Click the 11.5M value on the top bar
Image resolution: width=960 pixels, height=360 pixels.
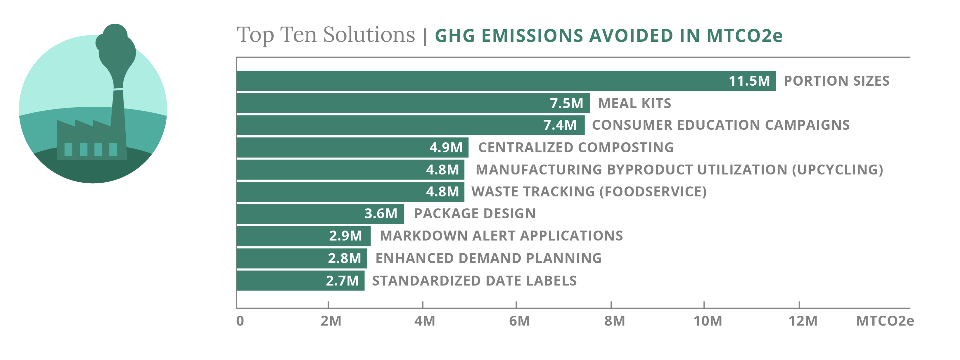point(749,81)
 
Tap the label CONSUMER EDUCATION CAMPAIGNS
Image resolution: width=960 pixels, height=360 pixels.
point(720,125)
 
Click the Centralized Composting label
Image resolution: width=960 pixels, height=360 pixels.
point(576,148)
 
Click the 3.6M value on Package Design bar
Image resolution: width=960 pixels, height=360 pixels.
point(381,214)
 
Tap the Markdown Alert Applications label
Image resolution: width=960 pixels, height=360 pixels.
point(501,236)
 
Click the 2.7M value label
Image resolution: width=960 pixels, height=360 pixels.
point(342,281)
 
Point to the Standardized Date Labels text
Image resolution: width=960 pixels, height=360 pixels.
point(474,281)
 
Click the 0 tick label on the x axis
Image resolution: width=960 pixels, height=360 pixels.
point(240,321)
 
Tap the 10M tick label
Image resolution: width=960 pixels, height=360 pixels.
point(707,321)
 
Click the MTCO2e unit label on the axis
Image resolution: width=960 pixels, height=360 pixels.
point(885,321)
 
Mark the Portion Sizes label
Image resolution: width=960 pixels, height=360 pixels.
point(836,81)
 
